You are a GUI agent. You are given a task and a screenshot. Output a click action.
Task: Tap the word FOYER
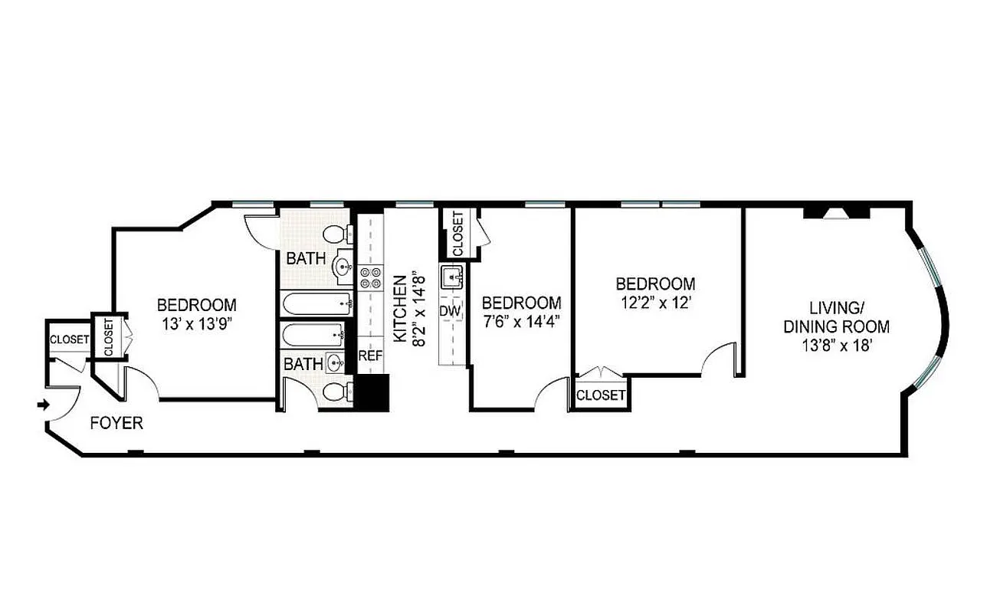pos(116,423)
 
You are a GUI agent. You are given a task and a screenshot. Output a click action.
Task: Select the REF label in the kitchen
pos(369,356)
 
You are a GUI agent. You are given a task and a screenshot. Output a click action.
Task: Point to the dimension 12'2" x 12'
pos(656,302)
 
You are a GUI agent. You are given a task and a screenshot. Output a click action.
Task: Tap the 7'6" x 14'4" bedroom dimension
pos(521,321)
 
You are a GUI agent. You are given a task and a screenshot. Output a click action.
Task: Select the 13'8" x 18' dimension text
pos(835,345)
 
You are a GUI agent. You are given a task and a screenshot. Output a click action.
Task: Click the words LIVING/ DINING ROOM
pos(835,317)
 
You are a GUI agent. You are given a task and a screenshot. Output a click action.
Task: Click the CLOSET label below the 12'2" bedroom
pos(600,395)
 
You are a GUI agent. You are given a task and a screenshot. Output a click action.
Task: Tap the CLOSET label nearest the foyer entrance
pos(69,339)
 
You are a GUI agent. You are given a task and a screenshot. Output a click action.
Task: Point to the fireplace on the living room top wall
pos(835,212)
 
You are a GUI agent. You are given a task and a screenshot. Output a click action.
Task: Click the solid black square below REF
pos(375,392)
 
